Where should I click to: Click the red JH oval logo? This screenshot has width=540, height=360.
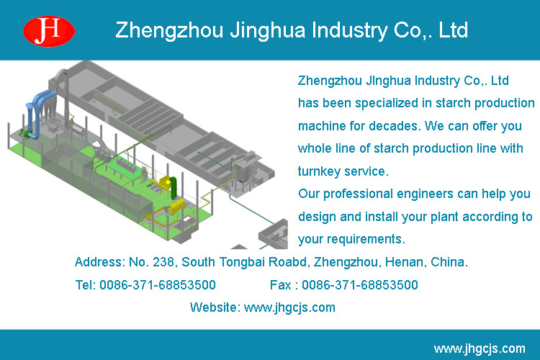(49, 32)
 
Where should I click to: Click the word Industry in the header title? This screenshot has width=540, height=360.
(349, 30)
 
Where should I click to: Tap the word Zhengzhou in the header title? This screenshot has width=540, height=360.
(169, 30)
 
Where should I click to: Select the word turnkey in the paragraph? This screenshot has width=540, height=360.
(319, 171)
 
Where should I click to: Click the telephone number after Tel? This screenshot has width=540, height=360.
(158, 285)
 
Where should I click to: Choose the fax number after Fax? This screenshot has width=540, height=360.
(360, 285)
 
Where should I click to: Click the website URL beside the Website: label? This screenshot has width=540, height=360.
(289, 307)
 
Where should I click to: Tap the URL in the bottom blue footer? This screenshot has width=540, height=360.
(480, 348)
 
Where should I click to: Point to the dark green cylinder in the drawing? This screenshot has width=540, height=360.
(174, 188)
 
